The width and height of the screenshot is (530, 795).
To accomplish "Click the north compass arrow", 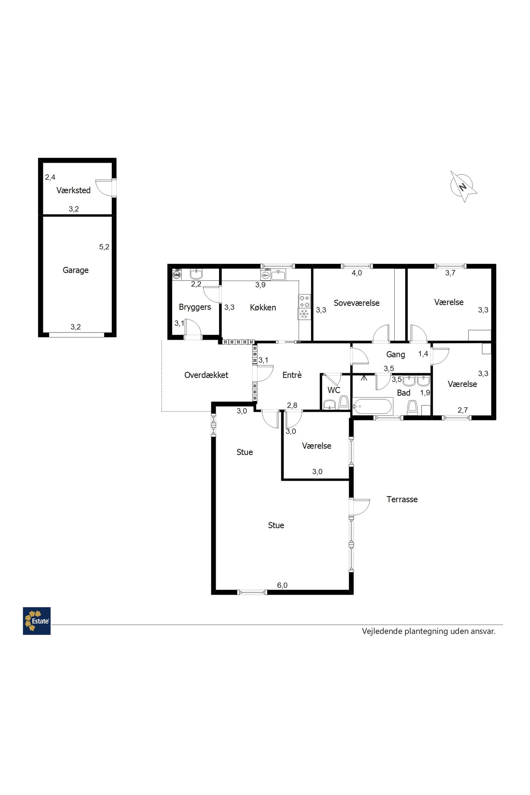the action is [x=463, y=186].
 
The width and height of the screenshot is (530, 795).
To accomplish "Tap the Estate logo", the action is [x=37, y=621].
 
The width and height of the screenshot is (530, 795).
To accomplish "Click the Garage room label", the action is [x=76, y=270].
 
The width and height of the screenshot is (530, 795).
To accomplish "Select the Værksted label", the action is [x=73, y=190].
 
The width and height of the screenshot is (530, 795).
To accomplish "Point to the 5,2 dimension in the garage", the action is [x=104, y=247].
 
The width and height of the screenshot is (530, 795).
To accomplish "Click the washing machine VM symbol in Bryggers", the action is [x=177, y=275].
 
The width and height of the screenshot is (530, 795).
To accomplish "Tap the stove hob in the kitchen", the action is [x=305, y=301].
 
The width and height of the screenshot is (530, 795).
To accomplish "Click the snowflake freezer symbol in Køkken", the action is [x=304, y=314].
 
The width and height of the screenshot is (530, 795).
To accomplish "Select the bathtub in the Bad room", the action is [x=373, y=407].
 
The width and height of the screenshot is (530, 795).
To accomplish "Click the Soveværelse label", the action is [x=357, y=303].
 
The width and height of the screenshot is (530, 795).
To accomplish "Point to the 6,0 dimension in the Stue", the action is [x=282, y=585].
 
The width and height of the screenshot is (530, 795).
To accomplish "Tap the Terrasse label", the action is [x=402, y=499].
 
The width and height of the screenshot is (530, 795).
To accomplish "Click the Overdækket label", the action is [x=206, y=375].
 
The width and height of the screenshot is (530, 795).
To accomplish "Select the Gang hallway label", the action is [x=395, y=354].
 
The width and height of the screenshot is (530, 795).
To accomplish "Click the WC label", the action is [x=334, y=390].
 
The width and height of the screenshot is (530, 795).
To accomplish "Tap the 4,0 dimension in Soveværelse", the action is [x=357, y=273].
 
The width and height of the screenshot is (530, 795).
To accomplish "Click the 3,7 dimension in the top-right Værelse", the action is [x=450, y=273].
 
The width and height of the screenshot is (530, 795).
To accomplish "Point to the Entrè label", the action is [x=292, y=375].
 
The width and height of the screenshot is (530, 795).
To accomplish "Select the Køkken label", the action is [x=263, y=307].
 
